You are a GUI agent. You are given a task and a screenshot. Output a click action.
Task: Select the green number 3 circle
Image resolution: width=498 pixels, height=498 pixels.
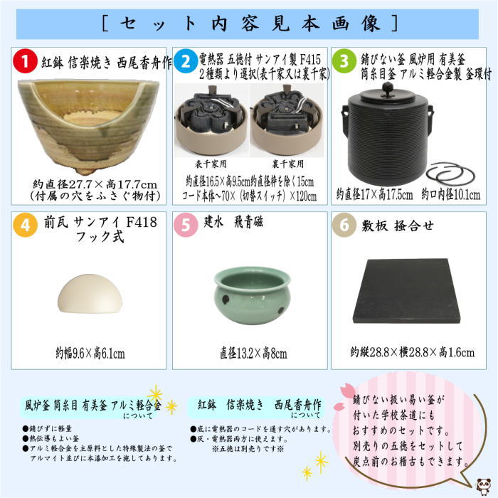tap(344, 62)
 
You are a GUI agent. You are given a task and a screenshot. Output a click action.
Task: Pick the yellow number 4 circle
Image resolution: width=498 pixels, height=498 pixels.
tap(25, 226)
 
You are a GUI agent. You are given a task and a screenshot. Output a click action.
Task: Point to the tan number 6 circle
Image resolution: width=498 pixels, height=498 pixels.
tap(344, 226)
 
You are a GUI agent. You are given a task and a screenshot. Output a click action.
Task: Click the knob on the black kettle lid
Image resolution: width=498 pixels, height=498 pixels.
tap(388, 87)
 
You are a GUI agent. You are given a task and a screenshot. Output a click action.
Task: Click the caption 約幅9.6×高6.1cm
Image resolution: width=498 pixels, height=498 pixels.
tap(90, 352)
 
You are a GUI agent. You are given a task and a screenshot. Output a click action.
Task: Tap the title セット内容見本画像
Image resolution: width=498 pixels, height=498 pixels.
tap(249, 23)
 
